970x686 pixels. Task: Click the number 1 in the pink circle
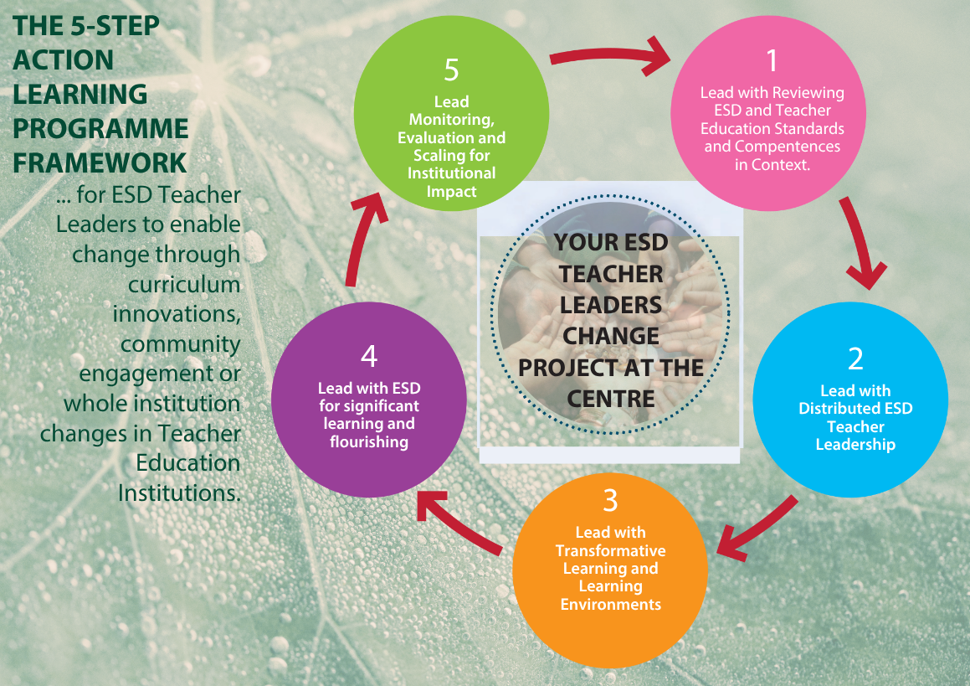pyautogui.click(x=772, y=60)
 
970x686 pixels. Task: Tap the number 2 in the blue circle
pyautogui.click(x=855, y=358)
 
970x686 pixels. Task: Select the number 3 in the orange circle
pyautogui.click(x=611, y=500)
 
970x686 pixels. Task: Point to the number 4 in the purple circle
pyautogui.click(x=369, y=356)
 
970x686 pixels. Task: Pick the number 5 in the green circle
pyautogui.click(x=452, y=70)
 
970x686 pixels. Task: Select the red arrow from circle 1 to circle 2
pyautogui.click(x=861, y=241)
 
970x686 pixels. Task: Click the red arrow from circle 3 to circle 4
pyautogui.click(x=459, y=521)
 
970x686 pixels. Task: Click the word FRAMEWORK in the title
pyautogui.click(x=100, y=163)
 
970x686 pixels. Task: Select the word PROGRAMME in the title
pyautogui.click(x=100, y=129)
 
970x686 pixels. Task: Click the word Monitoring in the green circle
pyautogui.click(x=452, y=120)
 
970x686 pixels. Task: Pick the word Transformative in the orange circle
pyautogui.click(x=611, y=550)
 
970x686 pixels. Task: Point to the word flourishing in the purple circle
pyautogui.click(x=369, y=442)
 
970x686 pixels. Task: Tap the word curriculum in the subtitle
pyautogui.click(x=184, y=285)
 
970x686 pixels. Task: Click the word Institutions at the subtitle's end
pyautogui.click(x=179, y=493)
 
